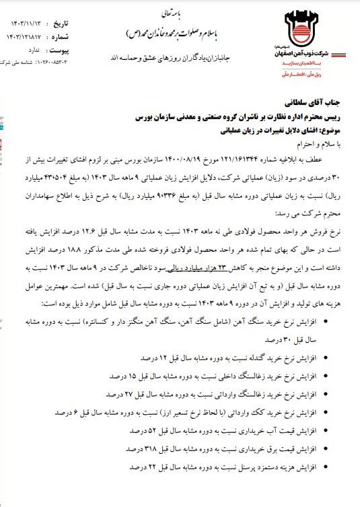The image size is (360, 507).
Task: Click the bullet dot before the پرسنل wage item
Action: pos(326,466)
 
